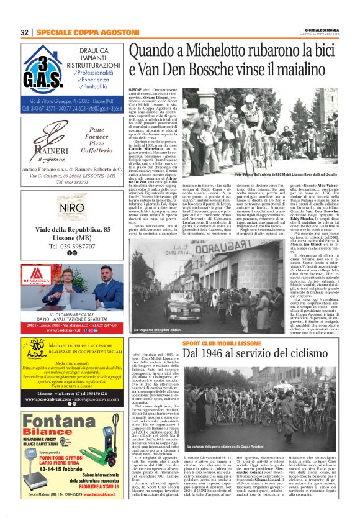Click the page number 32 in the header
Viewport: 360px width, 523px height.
pyautogui.click(x=25, y=32)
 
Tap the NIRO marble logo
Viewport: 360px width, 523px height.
pyautogui.click(x=73, y=207)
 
